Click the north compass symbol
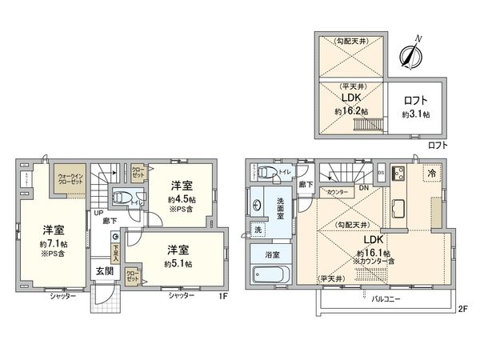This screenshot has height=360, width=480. pos(410,53)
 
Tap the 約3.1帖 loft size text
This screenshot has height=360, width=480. pos(415,114)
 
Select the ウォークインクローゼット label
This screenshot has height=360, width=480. pos(71,181)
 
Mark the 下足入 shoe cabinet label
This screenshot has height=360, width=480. pos(116,254)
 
